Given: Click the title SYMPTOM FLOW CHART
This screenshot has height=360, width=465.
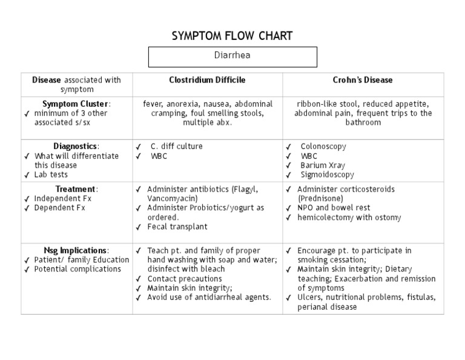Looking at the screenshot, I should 232,36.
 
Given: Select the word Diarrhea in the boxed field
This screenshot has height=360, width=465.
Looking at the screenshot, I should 232,55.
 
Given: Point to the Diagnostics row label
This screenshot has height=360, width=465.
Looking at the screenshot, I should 76,146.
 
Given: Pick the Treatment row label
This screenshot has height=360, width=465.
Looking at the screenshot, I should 76,188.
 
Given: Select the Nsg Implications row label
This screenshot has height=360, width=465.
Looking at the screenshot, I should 76,250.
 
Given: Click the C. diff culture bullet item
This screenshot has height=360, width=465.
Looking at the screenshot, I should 177,146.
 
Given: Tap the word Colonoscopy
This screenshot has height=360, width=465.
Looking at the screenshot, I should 323,146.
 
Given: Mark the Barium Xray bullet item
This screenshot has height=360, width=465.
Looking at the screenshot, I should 323,165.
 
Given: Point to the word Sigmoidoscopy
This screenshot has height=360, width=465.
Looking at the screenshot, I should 327,175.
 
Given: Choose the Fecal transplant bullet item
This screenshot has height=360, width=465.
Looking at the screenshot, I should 177,227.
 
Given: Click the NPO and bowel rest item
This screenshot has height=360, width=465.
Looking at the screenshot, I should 334,208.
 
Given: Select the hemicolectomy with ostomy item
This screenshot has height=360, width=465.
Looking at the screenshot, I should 349,218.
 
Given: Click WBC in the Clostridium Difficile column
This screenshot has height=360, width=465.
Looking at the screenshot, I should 159,156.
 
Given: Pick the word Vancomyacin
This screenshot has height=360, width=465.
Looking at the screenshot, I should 170,198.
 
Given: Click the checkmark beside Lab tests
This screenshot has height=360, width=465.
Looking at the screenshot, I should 27,175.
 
